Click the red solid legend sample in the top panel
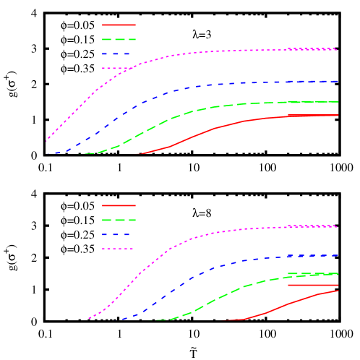[119, 25]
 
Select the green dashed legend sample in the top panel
[119, 39]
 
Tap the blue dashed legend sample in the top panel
[116, 53]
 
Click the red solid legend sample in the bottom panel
[119, 205]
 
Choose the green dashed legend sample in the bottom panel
[119, 220]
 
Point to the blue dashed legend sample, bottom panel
[116, 234]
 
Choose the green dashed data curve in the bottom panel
[217, 299]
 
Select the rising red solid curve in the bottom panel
[289, 304]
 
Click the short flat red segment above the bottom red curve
[312, 285]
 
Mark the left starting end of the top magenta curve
[47, 141]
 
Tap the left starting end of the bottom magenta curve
[90, 317]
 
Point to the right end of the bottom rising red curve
[338, 291]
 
